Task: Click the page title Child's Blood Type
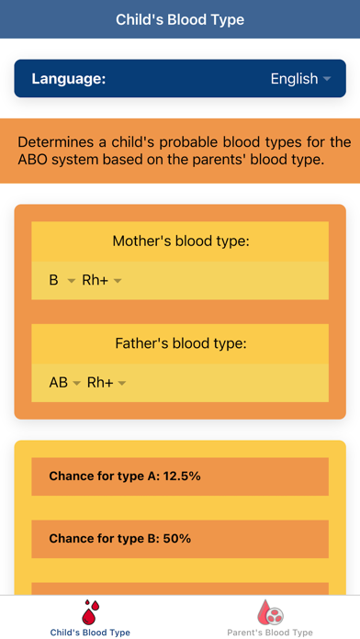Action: pyautogui.click(x=180, y=19)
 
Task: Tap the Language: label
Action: pyautogui.click(x=69, y=79)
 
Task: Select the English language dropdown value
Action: pyautogui.click(x=294, y=79)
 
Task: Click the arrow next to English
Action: pyautogui.click(x=326, y=80)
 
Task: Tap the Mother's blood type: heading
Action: pyautogui.click(x=180, y=241)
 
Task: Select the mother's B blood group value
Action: pyautogui.click(x=53, y=280)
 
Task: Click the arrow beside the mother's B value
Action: pyautogui.click(x=71, y=281)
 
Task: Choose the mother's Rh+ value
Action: pyautogui.click(x=96, y=280)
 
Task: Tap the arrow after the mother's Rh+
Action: pyautogui.click(x=118, y=281)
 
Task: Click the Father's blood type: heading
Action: pyautogui.click(x=180, y=344)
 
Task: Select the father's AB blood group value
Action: pyautogui.click(x=58, y=383)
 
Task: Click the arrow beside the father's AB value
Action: pyautogui.click(x=76, y=384)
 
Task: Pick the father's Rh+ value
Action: pyautogui.click(x=100, y=383)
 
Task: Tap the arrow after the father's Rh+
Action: pyautogui.click(x=122, y=384)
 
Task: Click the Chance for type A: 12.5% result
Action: pyautogui.click(x=125, y=476)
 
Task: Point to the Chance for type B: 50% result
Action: pyautogui.click(x=119, y=539)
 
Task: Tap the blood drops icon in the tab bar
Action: pyautogui.click(x=90, y=611)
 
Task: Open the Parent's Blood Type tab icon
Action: pyautogui.click(x=270, y=611)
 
